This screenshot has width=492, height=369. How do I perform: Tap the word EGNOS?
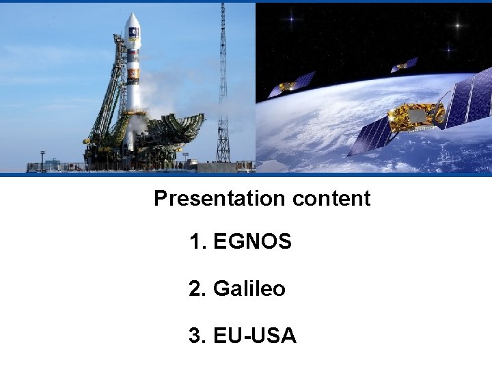tap(252, 241)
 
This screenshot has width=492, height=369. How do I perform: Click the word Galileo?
tap(249, 289)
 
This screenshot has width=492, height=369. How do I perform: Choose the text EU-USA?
tap(254, 336)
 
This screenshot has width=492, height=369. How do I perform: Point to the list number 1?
tap(197, 241)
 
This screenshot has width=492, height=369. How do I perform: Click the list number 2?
tap(197, 289)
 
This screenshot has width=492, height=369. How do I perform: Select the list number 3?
tap(197, 336)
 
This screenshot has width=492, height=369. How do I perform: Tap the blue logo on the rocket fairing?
tap(133, 32)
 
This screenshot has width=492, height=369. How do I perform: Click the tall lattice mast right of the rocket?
tap(223, 82)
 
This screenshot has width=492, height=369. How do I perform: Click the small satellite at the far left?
tap(291, 85)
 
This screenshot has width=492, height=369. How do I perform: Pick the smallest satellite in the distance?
tap(404, 66)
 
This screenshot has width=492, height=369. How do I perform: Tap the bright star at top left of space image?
tap(292, 19)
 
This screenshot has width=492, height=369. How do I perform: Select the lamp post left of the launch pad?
tap(42, 161)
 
